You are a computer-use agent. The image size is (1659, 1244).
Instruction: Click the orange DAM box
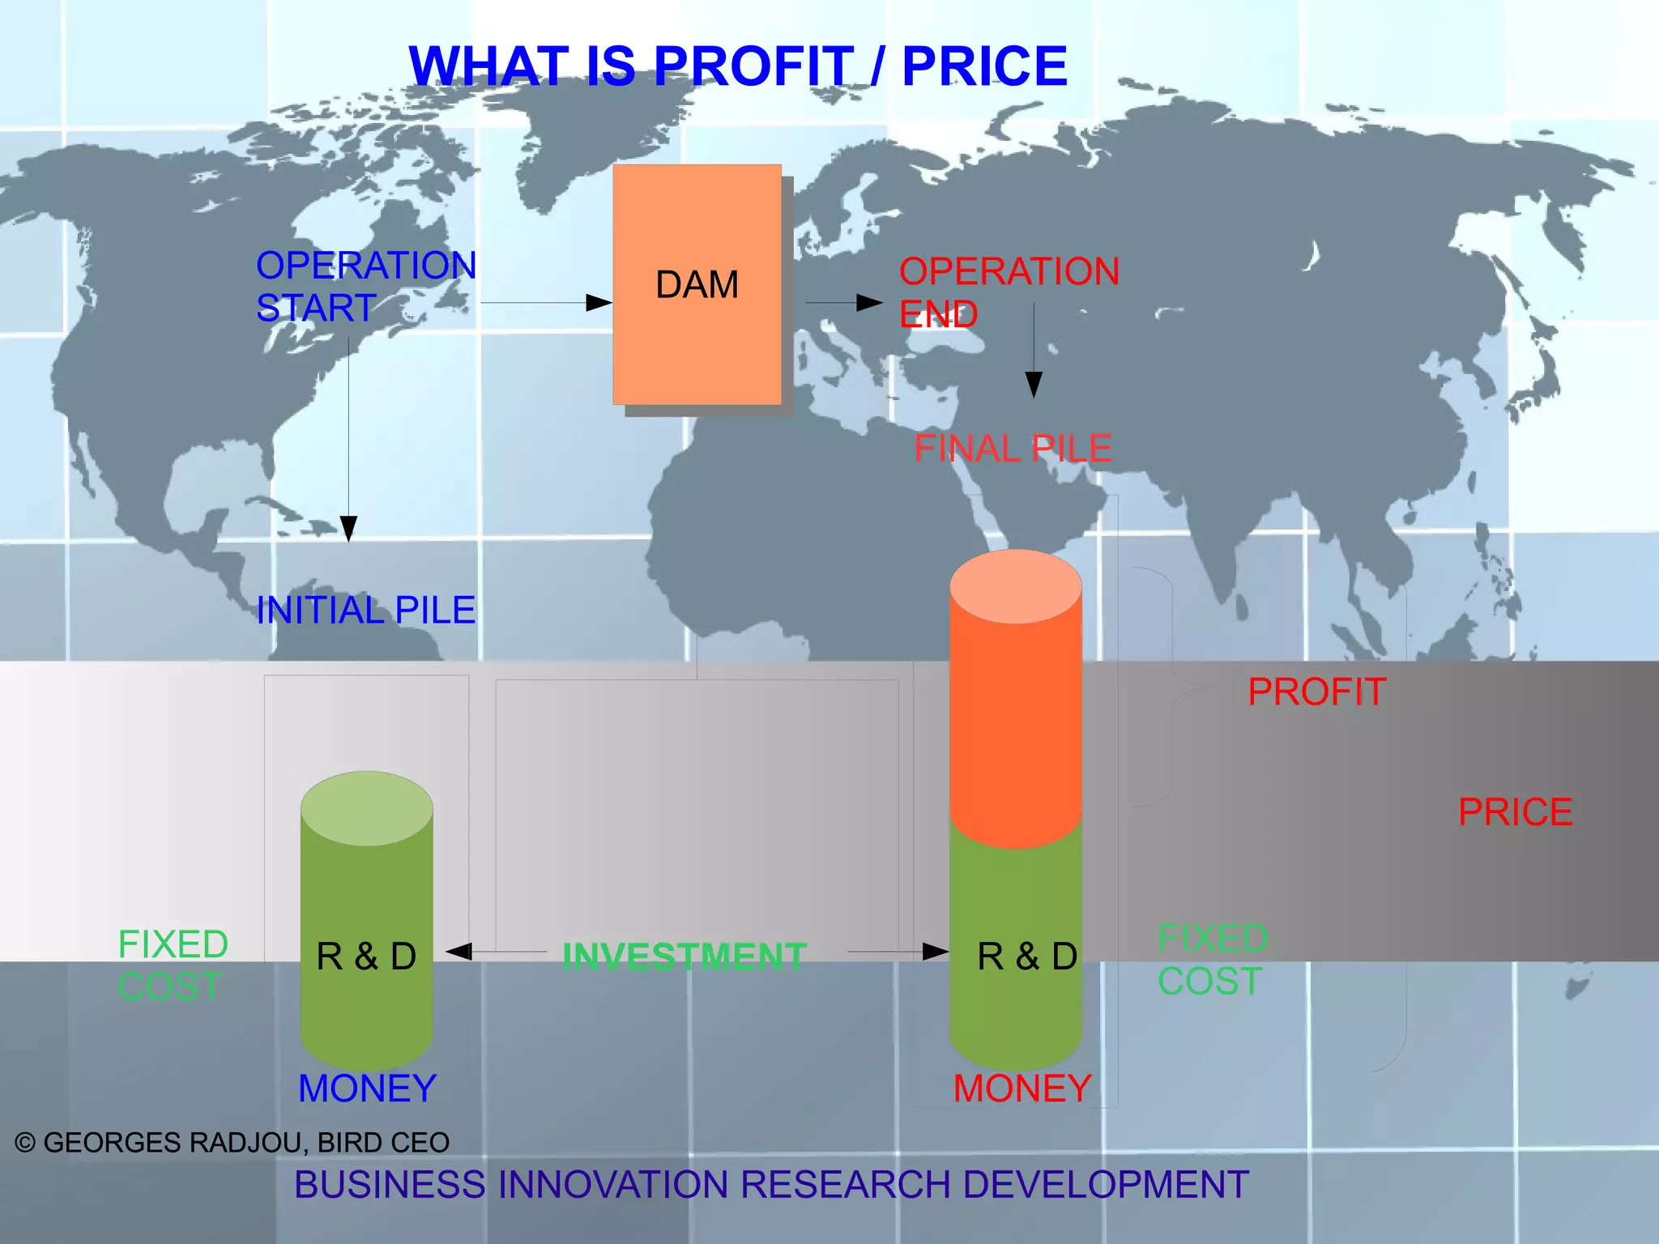click(697, 284)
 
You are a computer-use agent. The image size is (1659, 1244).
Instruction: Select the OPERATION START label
click(365, 287)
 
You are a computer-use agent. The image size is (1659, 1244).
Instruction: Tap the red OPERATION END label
click(1009, 292)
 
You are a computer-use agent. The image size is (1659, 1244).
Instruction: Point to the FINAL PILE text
click(1013, 449)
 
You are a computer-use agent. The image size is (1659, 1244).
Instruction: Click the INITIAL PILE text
click(365, 610)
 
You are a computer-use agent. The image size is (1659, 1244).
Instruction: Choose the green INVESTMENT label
click(684, 956)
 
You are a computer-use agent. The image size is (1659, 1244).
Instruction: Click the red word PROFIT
click(1316, 692)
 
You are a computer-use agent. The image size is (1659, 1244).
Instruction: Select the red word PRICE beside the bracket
click(1515, 812)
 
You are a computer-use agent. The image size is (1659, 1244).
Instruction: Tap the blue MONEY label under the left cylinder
click(367, 1088)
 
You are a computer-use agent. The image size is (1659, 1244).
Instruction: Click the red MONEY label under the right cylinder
click(1022, 1088)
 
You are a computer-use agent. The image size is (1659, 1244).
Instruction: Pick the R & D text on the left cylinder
click(366, 956)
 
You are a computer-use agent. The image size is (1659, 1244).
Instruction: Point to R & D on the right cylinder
click(1027, 956)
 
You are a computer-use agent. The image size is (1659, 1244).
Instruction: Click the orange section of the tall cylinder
click(1015, 713)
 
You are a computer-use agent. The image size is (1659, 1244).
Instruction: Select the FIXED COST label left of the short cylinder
click(173, 965)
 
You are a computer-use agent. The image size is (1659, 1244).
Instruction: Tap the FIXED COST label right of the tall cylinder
click(1212, 960)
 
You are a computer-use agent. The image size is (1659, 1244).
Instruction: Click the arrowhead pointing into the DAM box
click(599, 303)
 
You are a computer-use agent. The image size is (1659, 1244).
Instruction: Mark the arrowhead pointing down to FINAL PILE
click(1034, 384)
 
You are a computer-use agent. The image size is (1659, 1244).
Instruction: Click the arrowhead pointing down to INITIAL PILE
click(349, 529)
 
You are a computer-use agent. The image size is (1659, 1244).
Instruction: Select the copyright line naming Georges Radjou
click(232, 1143)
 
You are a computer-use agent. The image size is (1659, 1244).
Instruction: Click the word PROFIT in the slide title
click(753, 66)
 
